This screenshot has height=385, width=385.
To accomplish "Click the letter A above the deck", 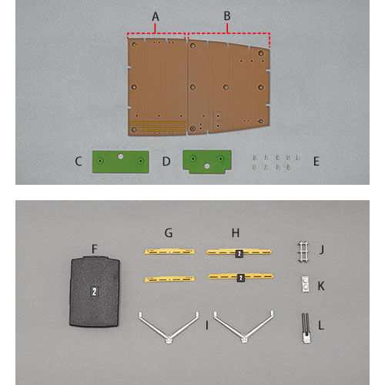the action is pyautogui.click(x=156, y=17).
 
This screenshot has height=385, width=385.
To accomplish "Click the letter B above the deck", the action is pyautogui.click(x=227, y=16).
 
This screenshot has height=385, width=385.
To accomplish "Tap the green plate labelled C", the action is pyautogui.click(x=121, y=162).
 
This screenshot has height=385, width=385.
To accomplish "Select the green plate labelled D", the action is pyautogui.click(x=207, y=162).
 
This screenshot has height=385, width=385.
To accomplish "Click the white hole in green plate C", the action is pyautogui.click(x=120, y=156).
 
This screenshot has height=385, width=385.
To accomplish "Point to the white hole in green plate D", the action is pyautogui.click(x=207, y=166).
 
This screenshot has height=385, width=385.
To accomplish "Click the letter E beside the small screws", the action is pyautogui.click(x=316, y=161).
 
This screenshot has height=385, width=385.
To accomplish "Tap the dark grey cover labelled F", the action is pyautogui.click(x=95, y=291).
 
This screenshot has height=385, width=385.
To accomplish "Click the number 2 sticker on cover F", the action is pyautogui.click(x=94, y=292).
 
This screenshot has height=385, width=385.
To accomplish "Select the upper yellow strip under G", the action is pyautogui.click(x=169, y=252).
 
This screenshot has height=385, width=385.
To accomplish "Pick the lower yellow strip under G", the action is pyautogui.click(x=169, y=279).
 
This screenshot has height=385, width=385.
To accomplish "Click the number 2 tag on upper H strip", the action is pyautogui.click(x=239, y=253).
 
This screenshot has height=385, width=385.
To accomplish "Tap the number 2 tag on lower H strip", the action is pyautogui.click(x=240, y=278).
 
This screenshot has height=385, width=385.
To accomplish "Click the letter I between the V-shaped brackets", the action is pyautogui.click(x=207, y=325).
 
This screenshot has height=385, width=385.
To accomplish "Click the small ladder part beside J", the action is pyautogui.click(x=303, y=253).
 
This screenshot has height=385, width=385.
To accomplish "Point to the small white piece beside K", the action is pyautogui.click(x=305, y=284).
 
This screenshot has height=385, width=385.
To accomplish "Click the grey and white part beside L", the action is pyautogui.click(x=306, y=328).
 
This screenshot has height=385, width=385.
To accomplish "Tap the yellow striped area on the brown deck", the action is pyautogui.click(x=156, y=126).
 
